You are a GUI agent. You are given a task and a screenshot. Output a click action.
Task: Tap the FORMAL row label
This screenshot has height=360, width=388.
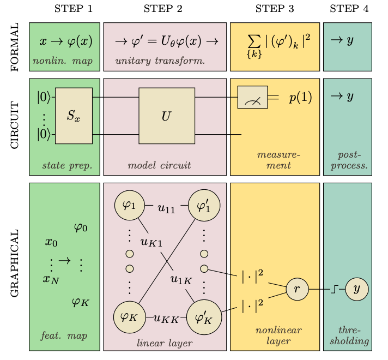tap(15, 47)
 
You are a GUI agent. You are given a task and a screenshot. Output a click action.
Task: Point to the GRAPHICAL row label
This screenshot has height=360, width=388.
tap(15, 263)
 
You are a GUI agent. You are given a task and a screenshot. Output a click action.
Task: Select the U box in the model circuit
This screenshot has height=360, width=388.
tap(166, 116)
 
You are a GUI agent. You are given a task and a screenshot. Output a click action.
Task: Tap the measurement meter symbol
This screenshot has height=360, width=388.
tap(252, 98)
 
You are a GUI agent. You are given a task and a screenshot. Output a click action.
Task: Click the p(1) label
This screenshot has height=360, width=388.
tap(300, 98)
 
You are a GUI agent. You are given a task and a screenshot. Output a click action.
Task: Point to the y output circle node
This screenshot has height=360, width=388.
tap(357, 290)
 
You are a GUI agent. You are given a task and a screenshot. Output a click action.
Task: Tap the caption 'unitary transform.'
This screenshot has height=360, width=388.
tap(160, 61)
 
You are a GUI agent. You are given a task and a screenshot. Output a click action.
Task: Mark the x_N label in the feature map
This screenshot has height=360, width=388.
tap(51, 279)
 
